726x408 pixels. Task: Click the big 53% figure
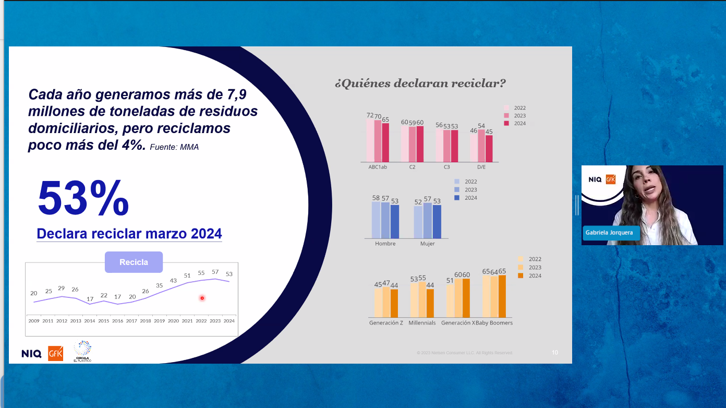[x=83, y=198]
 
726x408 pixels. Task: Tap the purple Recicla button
[x=134, y=262]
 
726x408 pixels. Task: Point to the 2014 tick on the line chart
[x=90, y=321]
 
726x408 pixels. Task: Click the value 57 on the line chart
[x=215, y=272]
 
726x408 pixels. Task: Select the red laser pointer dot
[x=202, y=298]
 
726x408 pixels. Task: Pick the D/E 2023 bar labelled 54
[x=481, y=146]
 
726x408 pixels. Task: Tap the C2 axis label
[x=412, y=167]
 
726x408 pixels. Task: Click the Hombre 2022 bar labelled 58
[x=376, y=220]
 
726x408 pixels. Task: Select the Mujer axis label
[x=427, y=244]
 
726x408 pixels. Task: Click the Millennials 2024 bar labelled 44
[x=430, y=303]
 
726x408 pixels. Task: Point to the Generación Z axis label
[x=386, y=323]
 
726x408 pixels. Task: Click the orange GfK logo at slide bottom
[x=55, y=353]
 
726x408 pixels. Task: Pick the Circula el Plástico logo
[x=82, y=351]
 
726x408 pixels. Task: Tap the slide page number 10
[x=555, y=353]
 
